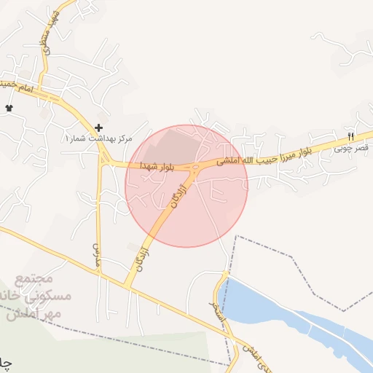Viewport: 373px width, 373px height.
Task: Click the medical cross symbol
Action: (x=99, y=127)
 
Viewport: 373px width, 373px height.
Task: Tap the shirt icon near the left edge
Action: (x=9, y=108)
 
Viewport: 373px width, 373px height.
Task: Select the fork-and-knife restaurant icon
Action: (x=350, y=136)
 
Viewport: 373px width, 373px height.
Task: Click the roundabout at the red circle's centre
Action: (x=195, y=171)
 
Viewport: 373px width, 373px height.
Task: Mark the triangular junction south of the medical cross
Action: (x=106, y=160)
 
